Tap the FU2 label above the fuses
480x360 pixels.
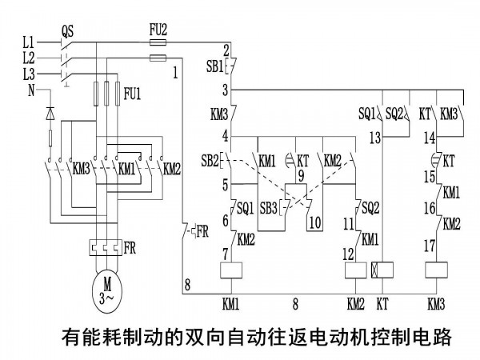pyautogui.click(x=158, y=30)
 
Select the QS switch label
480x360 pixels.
pyautogui.click(x=67, y=31)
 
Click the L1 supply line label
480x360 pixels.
pyautogui.click(x=29, y=42)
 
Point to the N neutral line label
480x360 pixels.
pyautogui.click(x=31, y=90)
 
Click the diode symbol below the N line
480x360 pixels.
pyautogui.click(x=50, y=114)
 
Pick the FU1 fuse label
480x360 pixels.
pyautogui.click(x=132, y=94)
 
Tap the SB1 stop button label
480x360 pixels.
pyautogui.click(x=215, y=66)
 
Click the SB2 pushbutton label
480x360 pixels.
pyautogui.click(x=210, y=161)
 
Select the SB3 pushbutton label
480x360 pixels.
pyautogui.click(x=269, y=208)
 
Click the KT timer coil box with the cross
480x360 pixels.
pyautogui.click(x=382, y=270)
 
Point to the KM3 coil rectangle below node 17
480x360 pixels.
pyautogui.click(x=437, y=270)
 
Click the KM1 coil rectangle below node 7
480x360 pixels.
pyautogui.click(x=231, y=270)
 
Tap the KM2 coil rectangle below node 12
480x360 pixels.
pyautogui.click(x=356, y=270)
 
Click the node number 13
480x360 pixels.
pyautogui.click(x=375, y=138)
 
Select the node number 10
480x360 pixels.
pyautogui.click(x=315, y=222)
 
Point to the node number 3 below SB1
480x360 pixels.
pyautogui.click(x=226, y=90)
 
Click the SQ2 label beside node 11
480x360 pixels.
pyautogui.click(x=370, y=208)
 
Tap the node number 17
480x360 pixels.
pyautogui.click(x=430, y=246)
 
